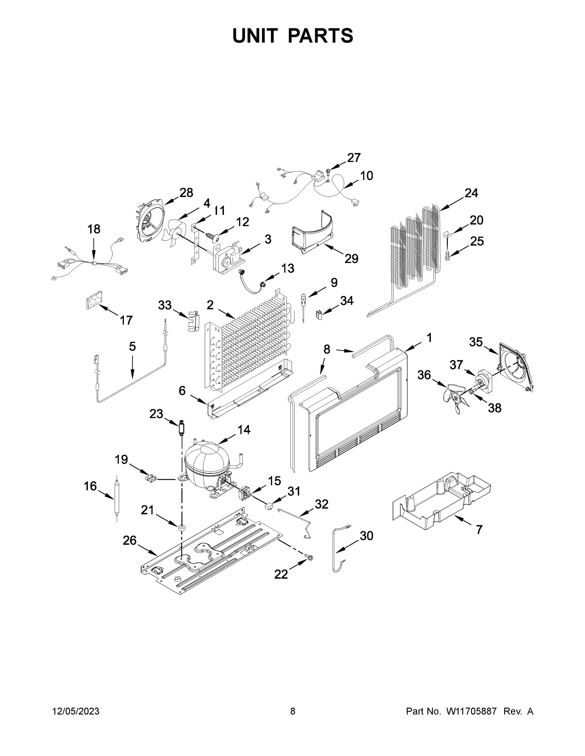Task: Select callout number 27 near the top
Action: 354,158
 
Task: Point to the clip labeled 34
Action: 319,315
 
